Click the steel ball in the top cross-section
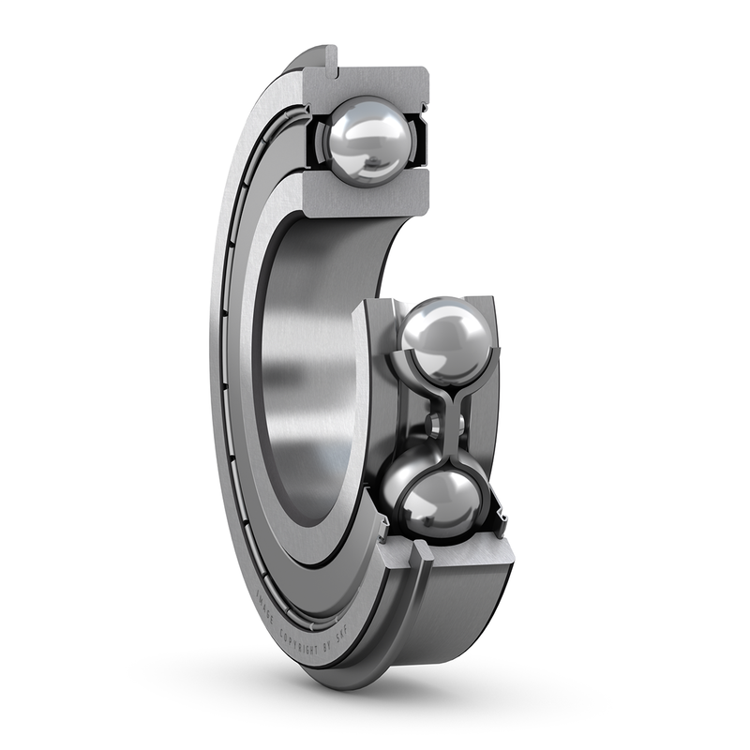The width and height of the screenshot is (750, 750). (367, 141)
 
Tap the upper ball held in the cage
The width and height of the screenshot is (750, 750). (446, 339)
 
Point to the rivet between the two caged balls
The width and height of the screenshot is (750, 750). (433, 425)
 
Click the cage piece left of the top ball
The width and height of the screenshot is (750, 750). (316, 141)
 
